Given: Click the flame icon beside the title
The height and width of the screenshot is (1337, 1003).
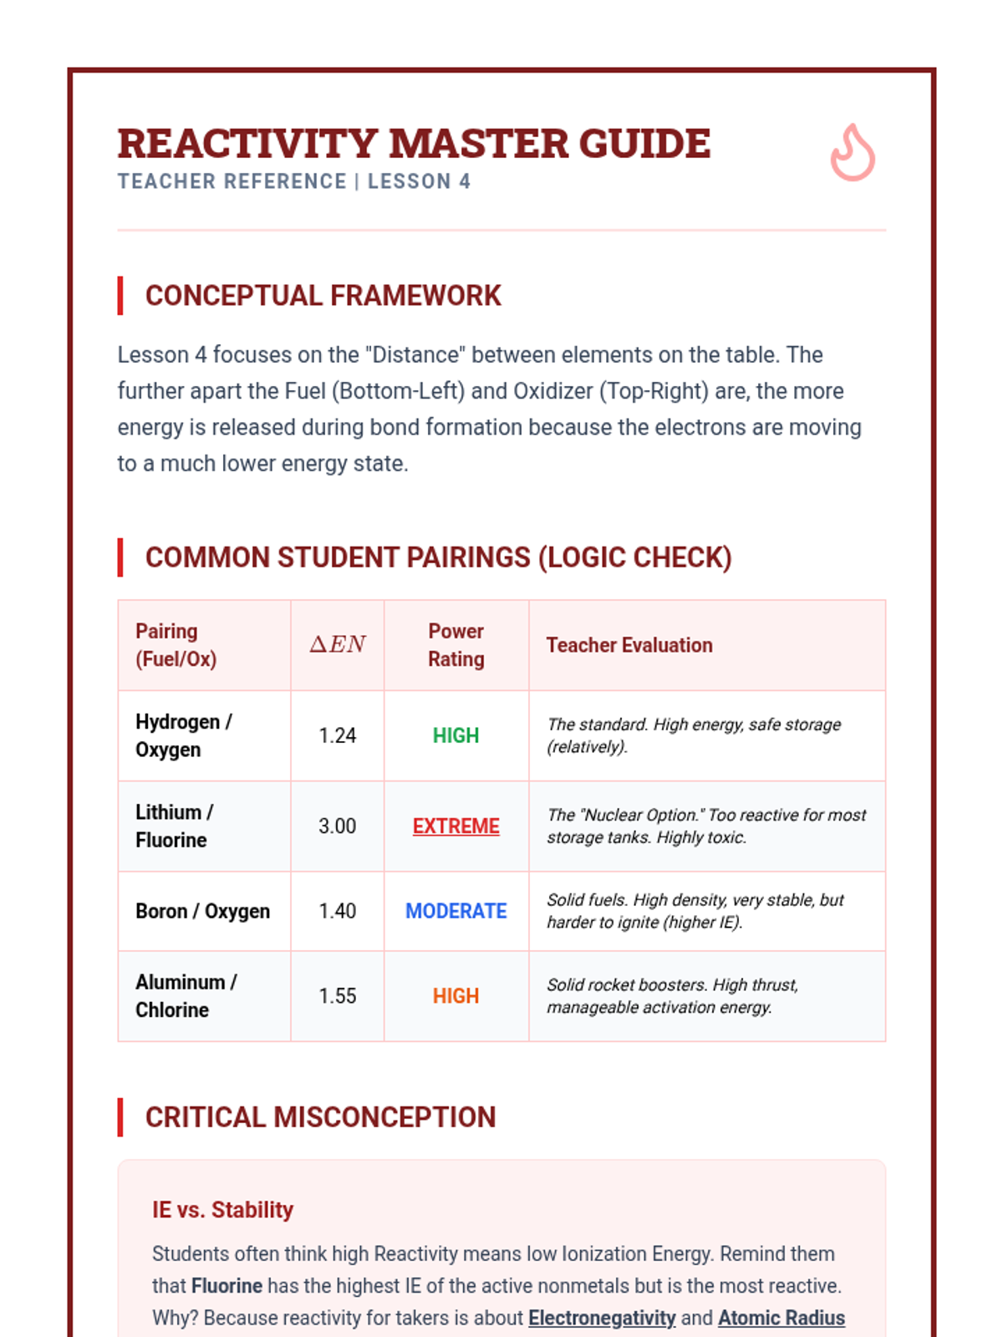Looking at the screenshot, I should click(852, 153).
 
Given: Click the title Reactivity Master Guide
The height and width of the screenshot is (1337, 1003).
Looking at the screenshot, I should click(414, 144).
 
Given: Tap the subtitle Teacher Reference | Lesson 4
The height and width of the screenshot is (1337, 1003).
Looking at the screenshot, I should click(294, 181).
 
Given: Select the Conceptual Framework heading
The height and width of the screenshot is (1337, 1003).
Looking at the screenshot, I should click(323, 296).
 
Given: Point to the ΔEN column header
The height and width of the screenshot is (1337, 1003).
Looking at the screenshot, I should click(338, 644).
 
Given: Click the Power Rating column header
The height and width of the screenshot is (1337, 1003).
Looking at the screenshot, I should click(456, 644).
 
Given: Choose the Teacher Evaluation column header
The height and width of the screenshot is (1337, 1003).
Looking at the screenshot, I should click(629, 645).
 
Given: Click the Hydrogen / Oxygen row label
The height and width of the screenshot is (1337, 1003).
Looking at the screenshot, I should click(184, 735).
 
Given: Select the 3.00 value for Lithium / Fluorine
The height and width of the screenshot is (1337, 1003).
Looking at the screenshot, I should click(338, 826).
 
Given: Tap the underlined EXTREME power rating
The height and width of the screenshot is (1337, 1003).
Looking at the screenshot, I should click(456, 826).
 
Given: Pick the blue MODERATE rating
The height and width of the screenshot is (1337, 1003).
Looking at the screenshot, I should click(456, 911).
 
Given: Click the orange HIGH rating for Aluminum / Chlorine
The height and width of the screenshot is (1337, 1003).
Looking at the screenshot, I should click(456, 996).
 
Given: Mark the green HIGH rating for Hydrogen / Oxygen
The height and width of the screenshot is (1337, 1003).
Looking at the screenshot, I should click(456, 735).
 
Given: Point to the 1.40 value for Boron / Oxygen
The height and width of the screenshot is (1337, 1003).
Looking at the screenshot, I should click(338, 911).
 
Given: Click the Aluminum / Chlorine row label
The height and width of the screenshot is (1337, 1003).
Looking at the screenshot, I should click(186, 996).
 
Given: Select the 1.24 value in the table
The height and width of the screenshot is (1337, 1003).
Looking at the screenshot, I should click(338, 735).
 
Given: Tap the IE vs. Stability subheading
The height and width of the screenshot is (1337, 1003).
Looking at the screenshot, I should click(222, 1210).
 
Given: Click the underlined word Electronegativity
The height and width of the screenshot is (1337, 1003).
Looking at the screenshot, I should click(602, 1318).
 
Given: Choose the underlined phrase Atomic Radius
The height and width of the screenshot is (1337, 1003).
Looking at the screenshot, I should click(782, 1318).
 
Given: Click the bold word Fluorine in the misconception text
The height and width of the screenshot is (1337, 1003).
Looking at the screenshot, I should click(227, 1286).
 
